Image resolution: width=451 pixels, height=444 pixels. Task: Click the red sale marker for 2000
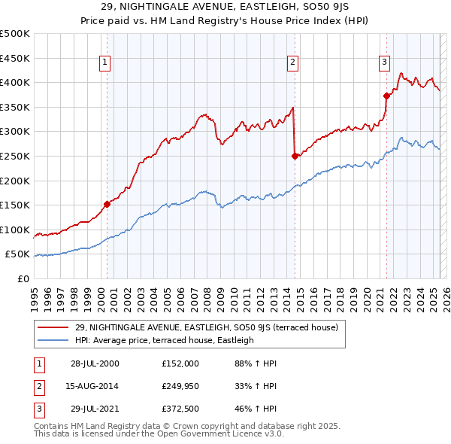coord(107,204)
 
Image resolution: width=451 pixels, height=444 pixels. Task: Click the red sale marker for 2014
coord(295,156)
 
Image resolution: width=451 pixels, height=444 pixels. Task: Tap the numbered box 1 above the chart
coord(104,62)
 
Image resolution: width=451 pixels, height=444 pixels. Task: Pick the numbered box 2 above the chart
coord(292,62)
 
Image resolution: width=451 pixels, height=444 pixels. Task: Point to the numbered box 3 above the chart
coord(384,62)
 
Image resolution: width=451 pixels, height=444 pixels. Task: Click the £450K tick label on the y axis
coord(15,58)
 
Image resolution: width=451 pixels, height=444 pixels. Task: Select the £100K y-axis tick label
coord(15,230)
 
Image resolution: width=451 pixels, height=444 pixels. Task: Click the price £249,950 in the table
coord(180,386)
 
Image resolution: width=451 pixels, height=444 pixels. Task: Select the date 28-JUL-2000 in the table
coord(95,363)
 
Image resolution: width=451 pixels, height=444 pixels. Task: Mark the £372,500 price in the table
coord(180,409)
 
